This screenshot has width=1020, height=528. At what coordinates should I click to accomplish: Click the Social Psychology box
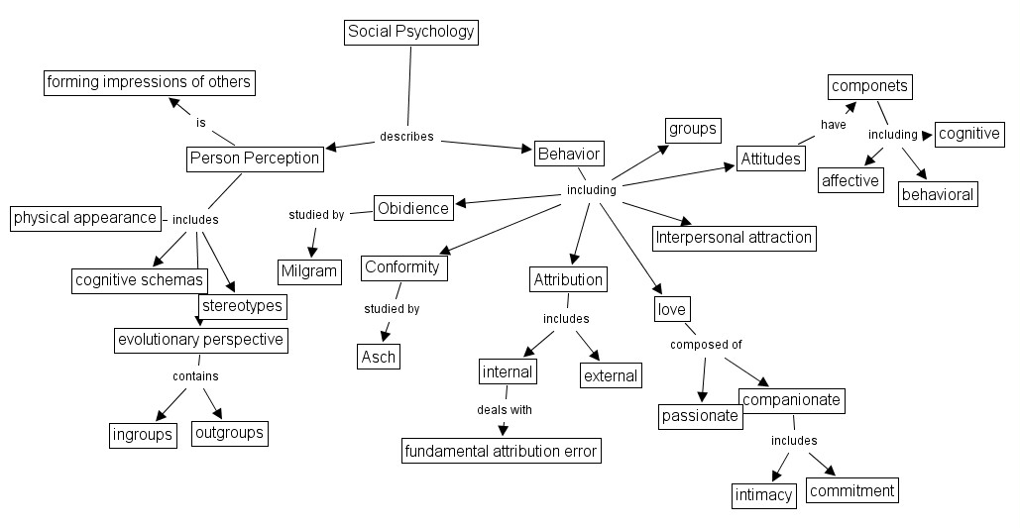click(x=411, y=32)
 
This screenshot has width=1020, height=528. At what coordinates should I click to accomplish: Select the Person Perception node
click(x=255, y=158)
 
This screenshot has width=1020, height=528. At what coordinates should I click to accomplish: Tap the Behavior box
click(x=568, y=154)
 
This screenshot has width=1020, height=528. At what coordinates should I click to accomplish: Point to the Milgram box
click(x=308, y=270)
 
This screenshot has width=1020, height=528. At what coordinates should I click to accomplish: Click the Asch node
click(x=378, y=357)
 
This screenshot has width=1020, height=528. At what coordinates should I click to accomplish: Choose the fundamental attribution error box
click(x=501, y=451)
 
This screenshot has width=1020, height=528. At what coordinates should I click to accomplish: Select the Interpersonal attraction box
click(x=734, y=237)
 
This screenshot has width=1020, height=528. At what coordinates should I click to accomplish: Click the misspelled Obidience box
click(x=413, y=207)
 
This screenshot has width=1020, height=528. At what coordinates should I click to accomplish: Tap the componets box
click(x=869, y=86)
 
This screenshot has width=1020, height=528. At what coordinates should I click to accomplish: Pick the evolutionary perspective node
click(x=201, y=340)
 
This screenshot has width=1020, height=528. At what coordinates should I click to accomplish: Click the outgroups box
click(x=228, y=433)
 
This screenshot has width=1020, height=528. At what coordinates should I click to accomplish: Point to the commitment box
click(x=850, y=490)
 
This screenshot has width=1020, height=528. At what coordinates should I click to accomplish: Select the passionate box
click(x=700, y=416)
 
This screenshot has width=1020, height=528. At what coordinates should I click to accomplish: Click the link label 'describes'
click(x=406, y=137)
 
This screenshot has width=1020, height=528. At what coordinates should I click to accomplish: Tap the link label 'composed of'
click(x=706, y=345)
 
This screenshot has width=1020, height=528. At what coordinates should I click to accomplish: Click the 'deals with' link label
click(x=504, y=408)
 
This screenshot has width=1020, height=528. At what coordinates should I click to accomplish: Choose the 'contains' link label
click(x=195, y=376)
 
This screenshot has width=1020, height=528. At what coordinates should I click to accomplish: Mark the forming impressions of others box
click(x=149, y=82)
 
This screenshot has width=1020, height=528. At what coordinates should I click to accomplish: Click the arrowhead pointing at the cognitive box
click(x=928, y=134)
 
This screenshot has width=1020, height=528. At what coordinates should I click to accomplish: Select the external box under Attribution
click(x=610, y=375)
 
